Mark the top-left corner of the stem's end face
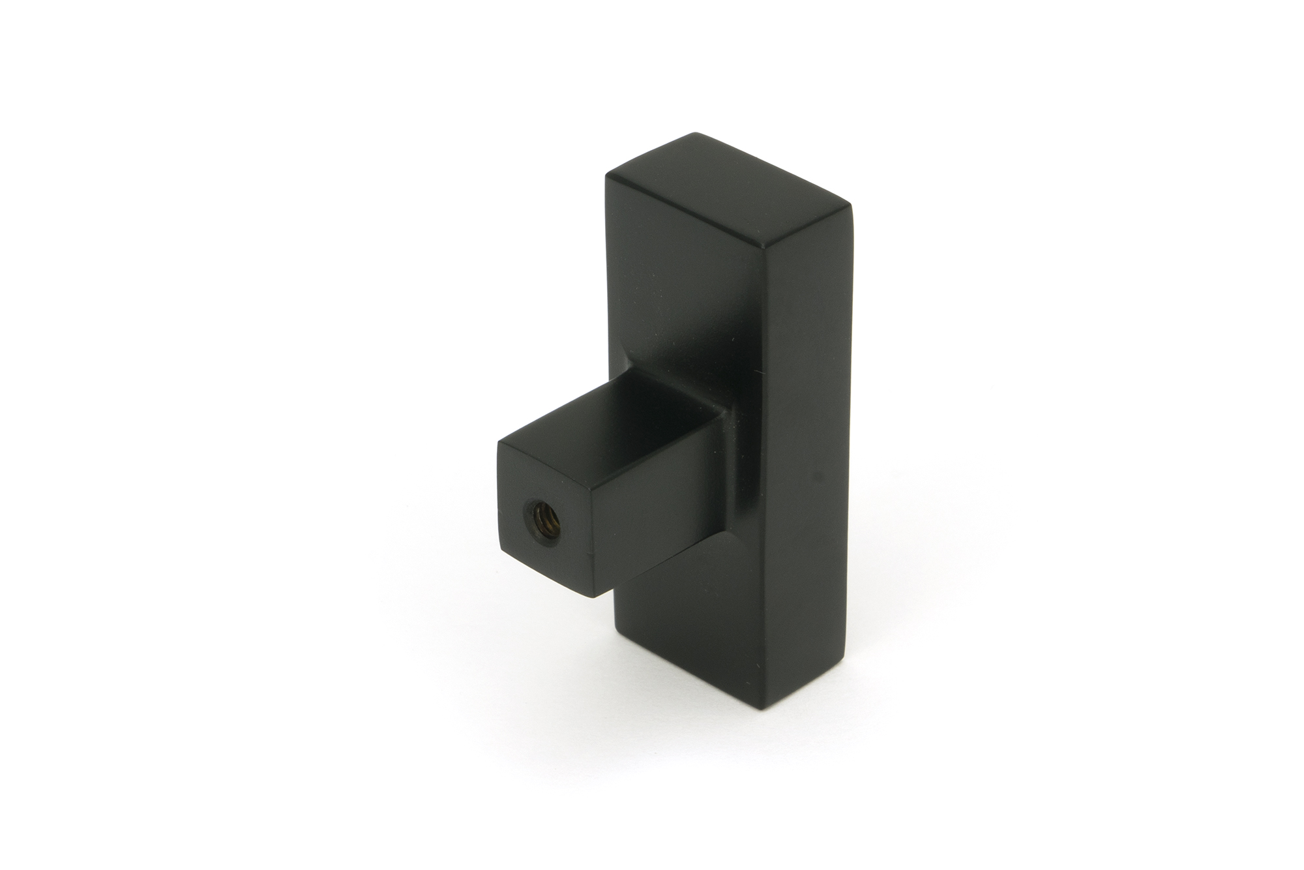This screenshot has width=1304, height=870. [499, 444]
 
